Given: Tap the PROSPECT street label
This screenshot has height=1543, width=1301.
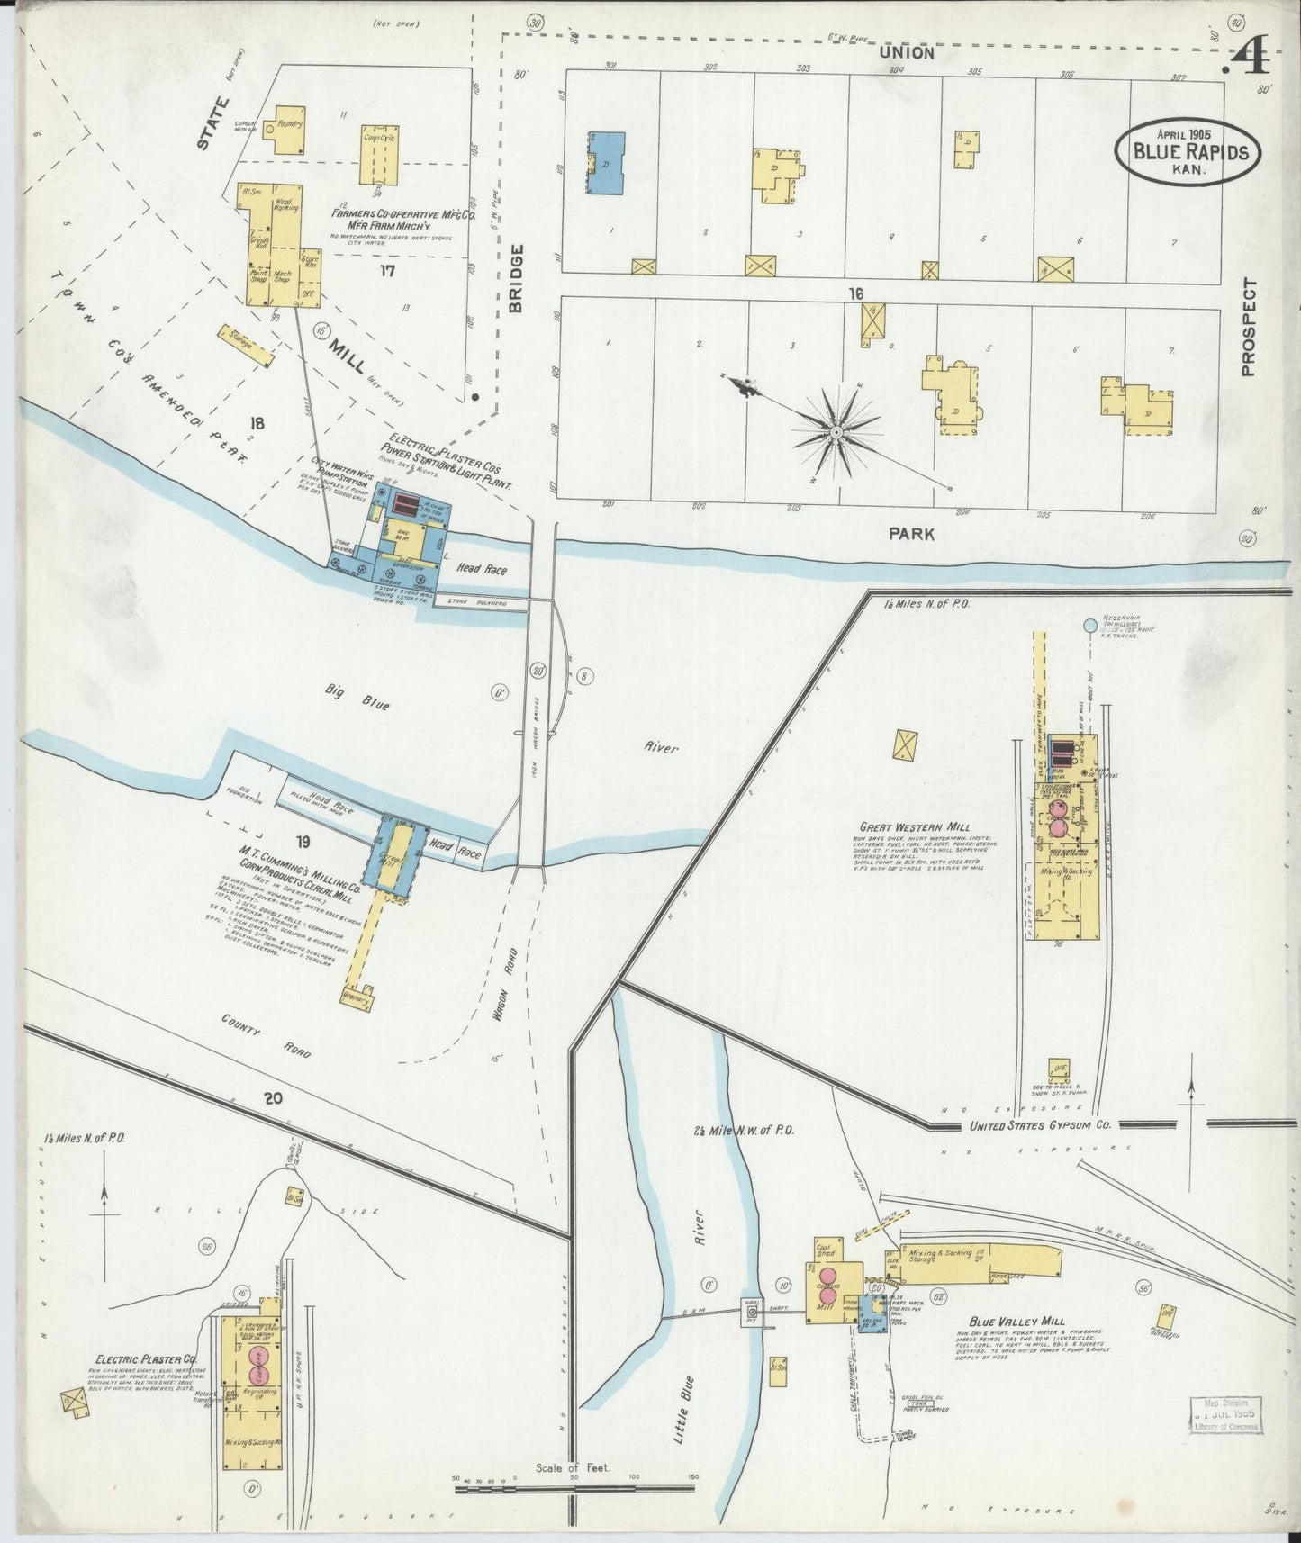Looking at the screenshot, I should pyautogui.click(x=1247, y=326).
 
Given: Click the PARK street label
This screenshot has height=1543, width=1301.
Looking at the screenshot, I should pyautogui.click(x=911, y=534).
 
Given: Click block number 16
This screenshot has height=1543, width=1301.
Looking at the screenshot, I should pyautogui.click(x=854, y=293).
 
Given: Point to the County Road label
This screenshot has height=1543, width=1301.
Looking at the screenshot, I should pyautogui.click(x=267, y=1034).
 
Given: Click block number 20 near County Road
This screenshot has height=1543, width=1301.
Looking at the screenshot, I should pyautogui.click(x=274, y=1098).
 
